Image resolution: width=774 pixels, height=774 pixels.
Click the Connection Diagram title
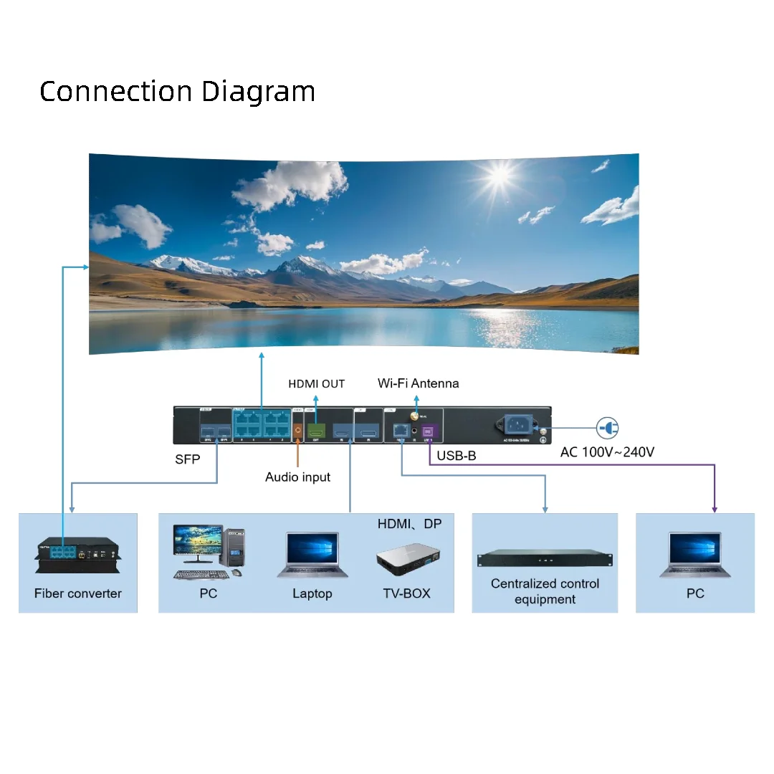tap(177, 92)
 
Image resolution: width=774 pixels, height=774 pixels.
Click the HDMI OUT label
tap(316, 384)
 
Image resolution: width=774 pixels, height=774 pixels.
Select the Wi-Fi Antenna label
tap(419, 383)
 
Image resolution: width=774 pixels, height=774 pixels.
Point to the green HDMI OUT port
tap(315, 430)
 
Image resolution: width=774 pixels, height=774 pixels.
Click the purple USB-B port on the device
tap(429, 431)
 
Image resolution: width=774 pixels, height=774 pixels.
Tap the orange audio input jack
tap(297, 430)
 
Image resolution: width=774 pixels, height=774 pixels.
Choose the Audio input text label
tap(297, 477)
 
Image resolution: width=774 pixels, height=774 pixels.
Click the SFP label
tap(188, 459)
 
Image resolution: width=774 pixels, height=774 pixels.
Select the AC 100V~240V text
tap(607, 452)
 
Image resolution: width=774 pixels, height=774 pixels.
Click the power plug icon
tap(608, 429)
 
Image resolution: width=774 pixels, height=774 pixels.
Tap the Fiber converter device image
tap(77, 555)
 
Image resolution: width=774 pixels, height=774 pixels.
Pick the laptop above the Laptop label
tap(312, 555)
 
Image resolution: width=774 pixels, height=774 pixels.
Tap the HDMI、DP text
tap(410, 525)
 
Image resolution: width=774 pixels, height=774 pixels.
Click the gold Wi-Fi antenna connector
tap(414, 416)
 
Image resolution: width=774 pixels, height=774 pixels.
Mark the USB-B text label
tap(457, 456)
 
